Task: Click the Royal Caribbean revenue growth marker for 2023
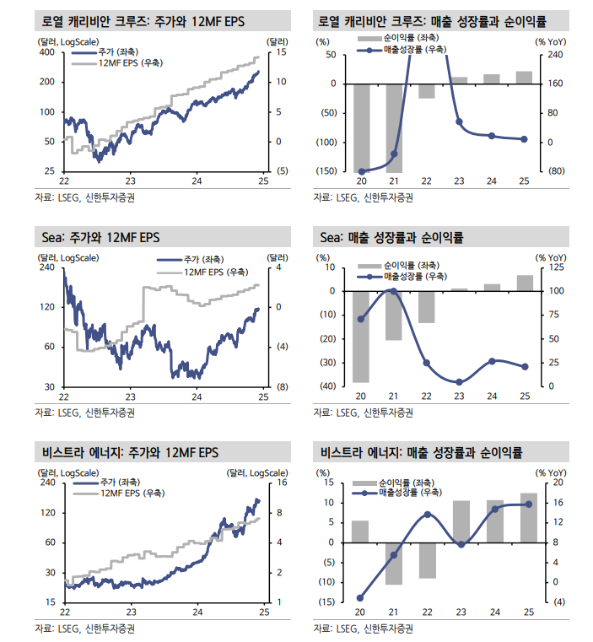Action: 459,121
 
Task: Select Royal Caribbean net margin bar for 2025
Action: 524,78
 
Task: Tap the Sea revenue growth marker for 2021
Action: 394,291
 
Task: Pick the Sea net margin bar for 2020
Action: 361,337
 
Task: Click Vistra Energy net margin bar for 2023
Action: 461,521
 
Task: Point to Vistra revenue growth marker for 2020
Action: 360,598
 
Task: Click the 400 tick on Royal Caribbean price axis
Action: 46,52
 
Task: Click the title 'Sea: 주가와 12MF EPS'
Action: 100,237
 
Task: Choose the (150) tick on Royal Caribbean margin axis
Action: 326,170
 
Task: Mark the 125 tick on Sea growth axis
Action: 556,267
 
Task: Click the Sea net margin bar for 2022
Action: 426,307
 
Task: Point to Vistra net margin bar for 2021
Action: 394,564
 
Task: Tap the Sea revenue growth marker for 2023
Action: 459,382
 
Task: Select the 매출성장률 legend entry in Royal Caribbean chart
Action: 402,50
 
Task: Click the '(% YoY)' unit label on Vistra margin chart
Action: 551,473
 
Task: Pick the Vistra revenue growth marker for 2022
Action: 428,515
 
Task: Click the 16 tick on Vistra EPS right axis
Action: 283,483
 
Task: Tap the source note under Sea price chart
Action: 84,413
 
